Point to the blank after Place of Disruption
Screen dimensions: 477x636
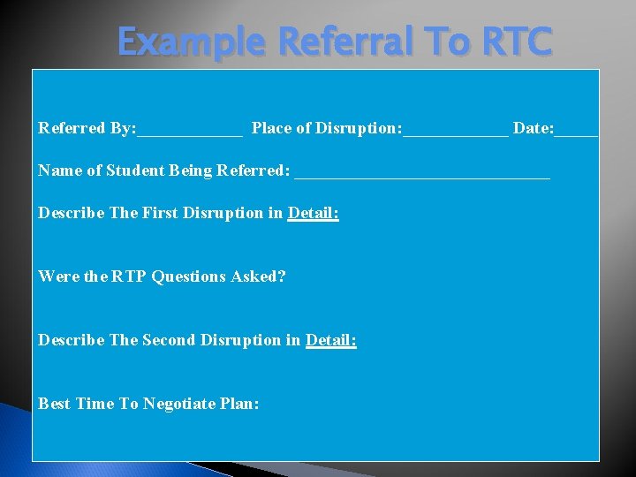coord(456,132)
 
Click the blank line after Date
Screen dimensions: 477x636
coord(577,132)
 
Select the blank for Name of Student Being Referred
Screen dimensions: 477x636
coord(421,175)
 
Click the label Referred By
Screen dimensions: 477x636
coord(87,129)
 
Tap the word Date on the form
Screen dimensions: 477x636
coord(533,129)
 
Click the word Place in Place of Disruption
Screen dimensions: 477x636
coord(271,129)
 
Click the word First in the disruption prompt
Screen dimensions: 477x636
coord(160,213)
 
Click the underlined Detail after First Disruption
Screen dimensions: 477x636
coord(313,213)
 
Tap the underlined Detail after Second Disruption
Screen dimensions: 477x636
coord(330,340)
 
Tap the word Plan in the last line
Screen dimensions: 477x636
coord(239,404)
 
